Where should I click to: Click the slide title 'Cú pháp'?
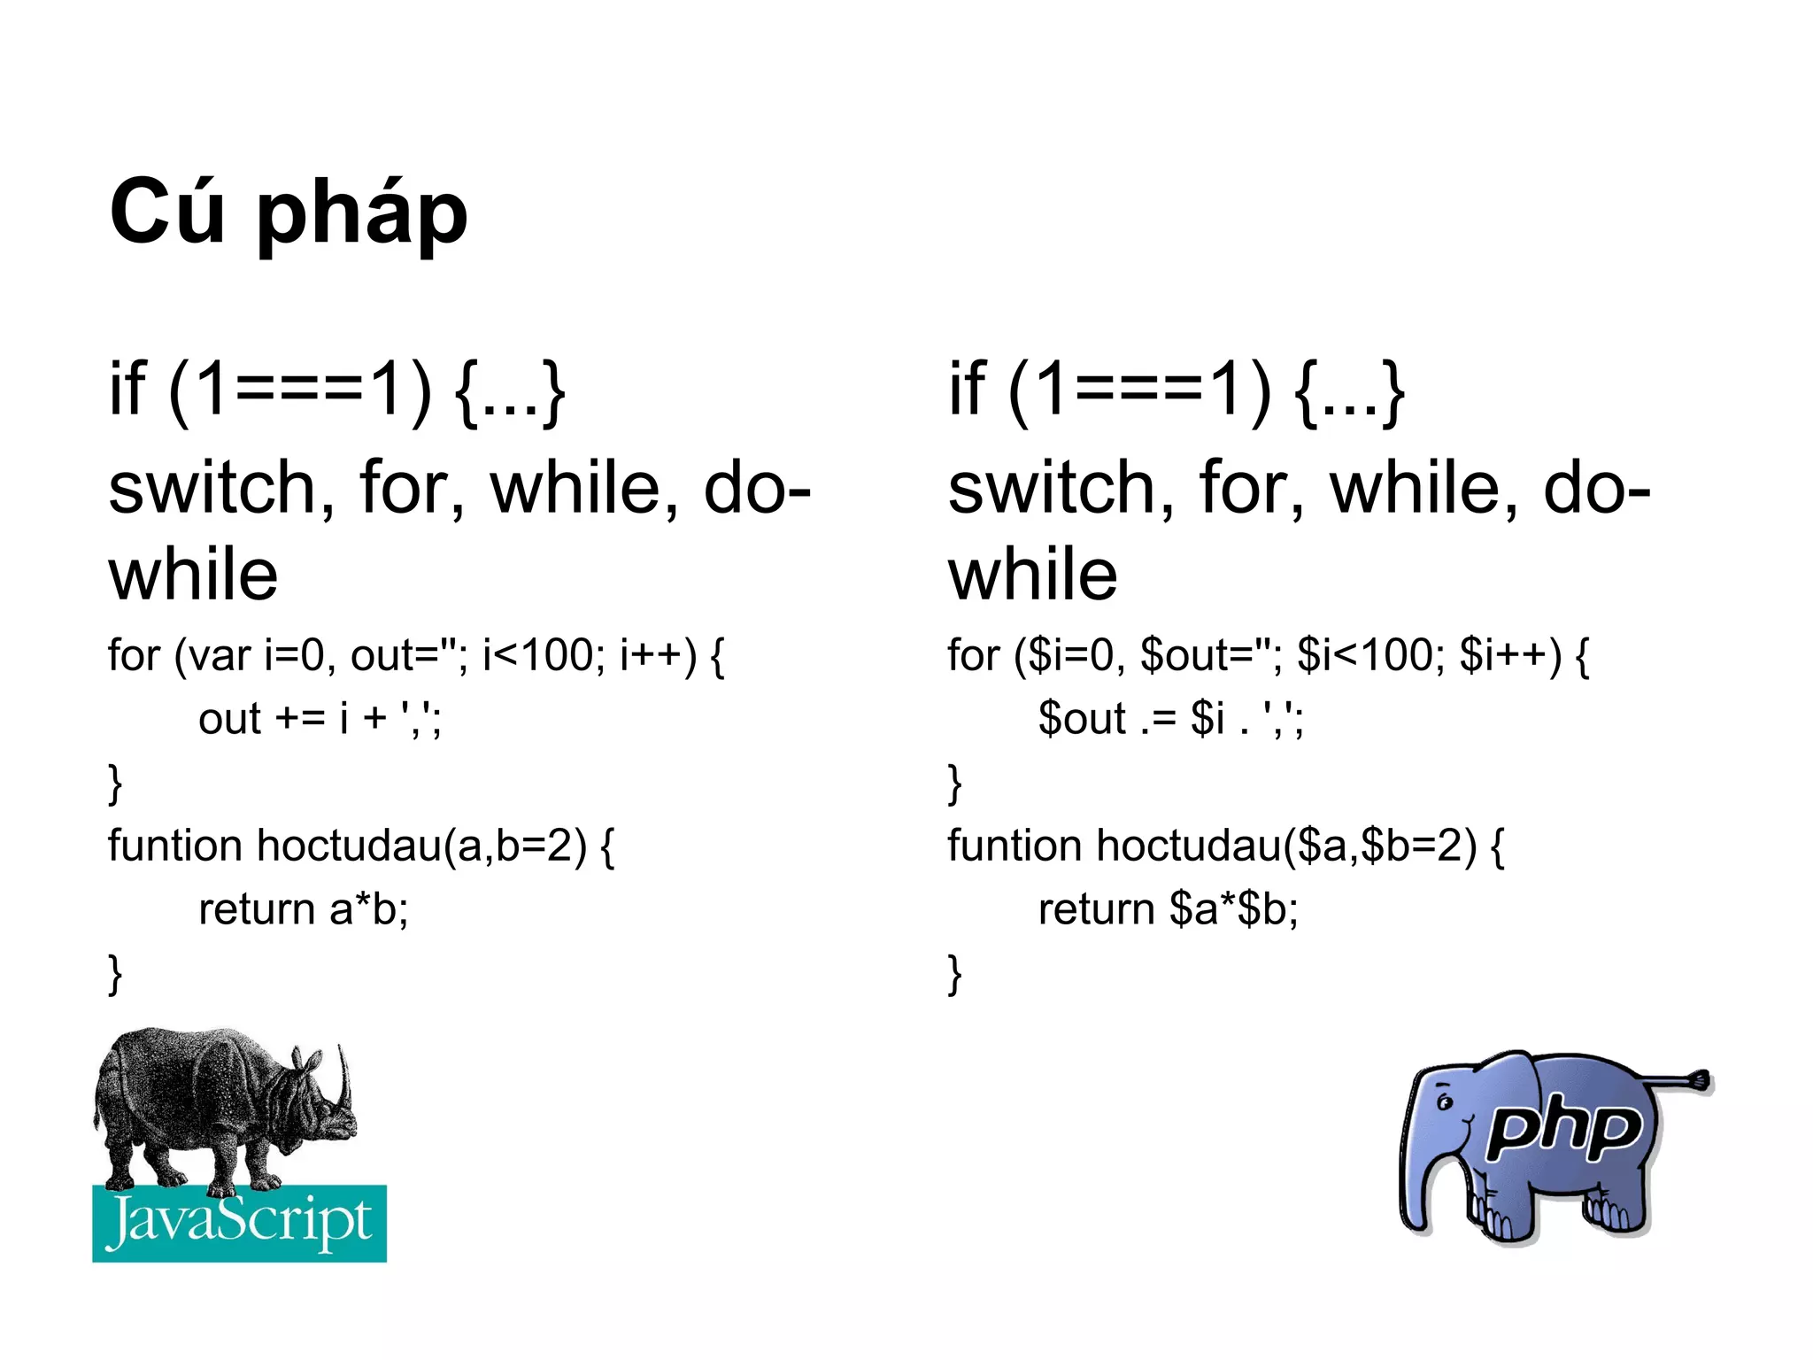pyautogui.click(x=288, y=212)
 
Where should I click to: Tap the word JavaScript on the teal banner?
pyautogui.click(x=239, y=1223)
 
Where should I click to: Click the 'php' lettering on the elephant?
pyautogui.click(x=1563, y=1129)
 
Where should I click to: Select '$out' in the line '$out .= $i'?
pyautogui.click(x=1082, y=718)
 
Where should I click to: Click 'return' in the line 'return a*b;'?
pyautogui.click(x=257, y=909)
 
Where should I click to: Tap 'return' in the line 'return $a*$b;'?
pyautogui.click(x=1096, y=909)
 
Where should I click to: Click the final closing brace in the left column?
pyautogui.click(x=115, y=974)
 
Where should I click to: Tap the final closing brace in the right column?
pyautogui.click(x=954, y=974)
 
